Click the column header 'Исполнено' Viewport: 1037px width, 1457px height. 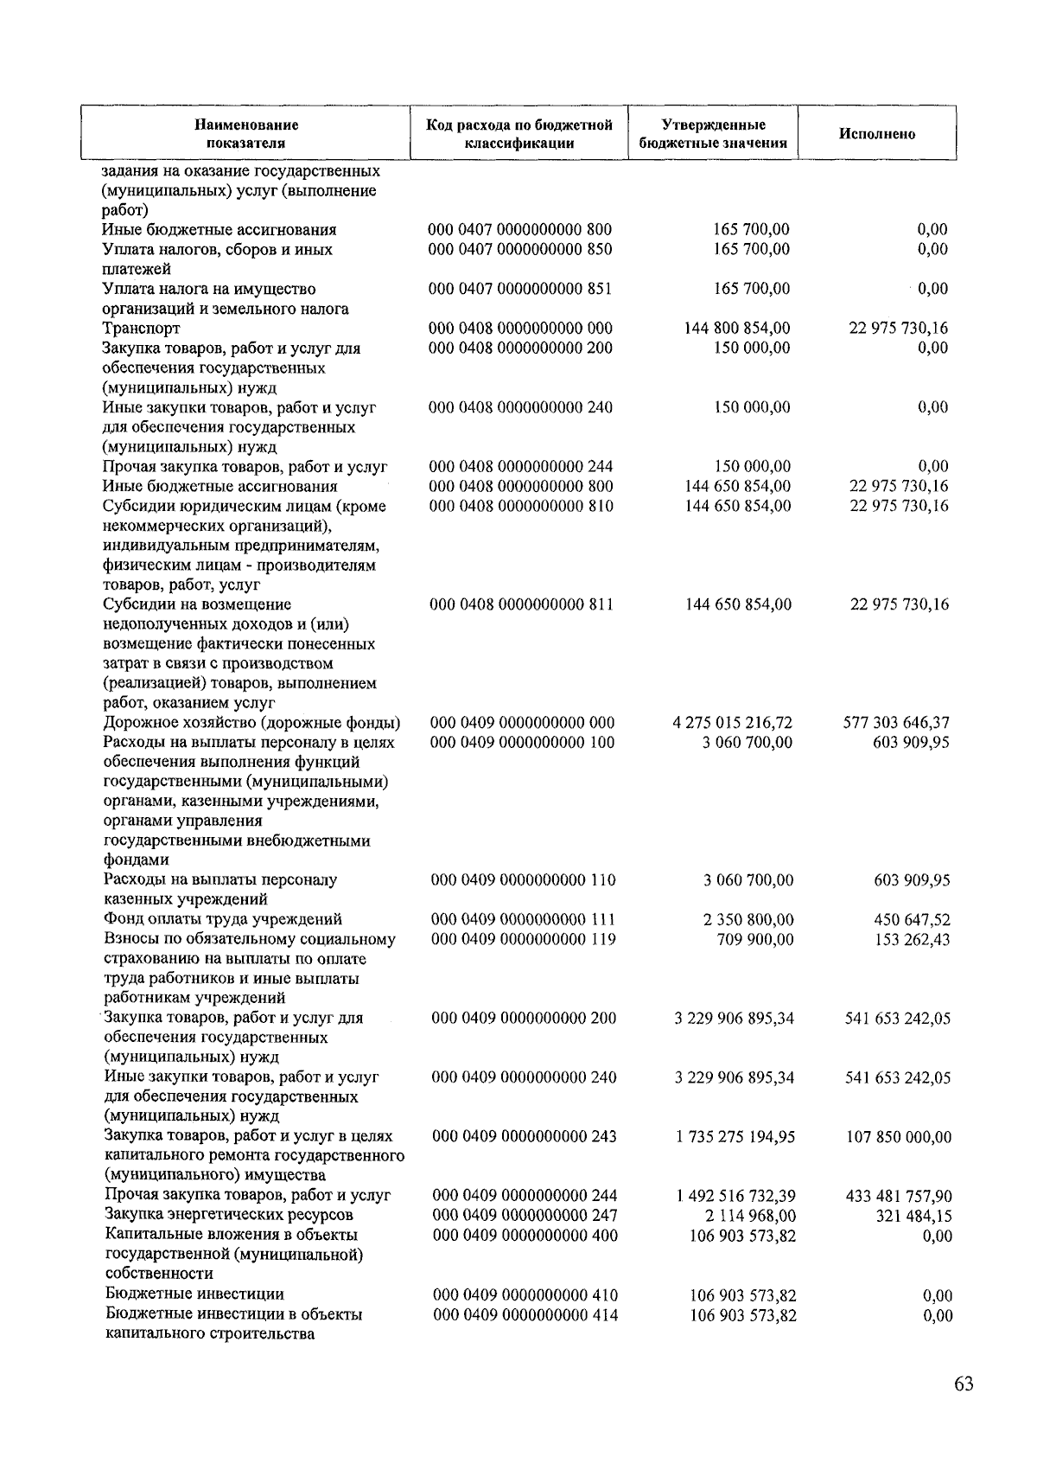click(876, 134)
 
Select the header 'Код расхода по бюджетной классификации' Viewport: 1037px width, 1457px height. click(519, 134)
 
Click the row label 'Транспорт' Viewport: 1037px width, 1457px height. click(141, 329)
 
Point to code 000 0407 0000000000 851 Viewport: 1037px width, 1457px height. click(520, 289)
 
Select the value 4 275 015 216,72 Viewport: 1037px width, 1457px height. click(732, 723)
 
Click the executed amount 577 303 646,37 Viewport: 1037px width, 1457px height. click(896, 723)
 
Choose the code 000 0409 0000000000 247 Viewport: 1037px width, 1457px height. click(524, 1216)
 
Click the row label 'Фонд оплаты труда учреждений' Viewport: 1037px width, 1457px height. click(223, 919)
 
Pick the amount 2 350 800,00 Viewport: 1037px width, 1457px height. click(748, 920)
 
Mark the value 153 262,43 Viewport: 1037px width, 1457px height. click(912, 940)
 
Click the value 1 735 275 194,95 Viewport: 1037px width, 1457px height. click(735, 1137)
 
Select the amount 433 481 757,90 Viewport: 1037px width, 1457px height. click(898, 1197)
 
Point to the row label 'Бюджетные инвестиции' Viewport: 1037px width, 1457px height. click(194, 1294)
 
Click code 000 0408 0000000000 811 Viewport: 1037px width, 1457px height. click(522, 604)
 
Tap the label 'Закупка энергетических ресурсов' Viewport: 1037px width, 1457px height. click(229, 1216)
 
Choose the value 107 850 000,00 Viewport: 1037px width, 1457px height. click(898, 1137)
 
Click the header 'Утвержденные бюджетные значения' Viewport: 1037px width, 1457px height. click(713, 134)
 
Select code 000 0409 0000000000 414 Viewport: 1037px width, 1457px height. click(525, 1315)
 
